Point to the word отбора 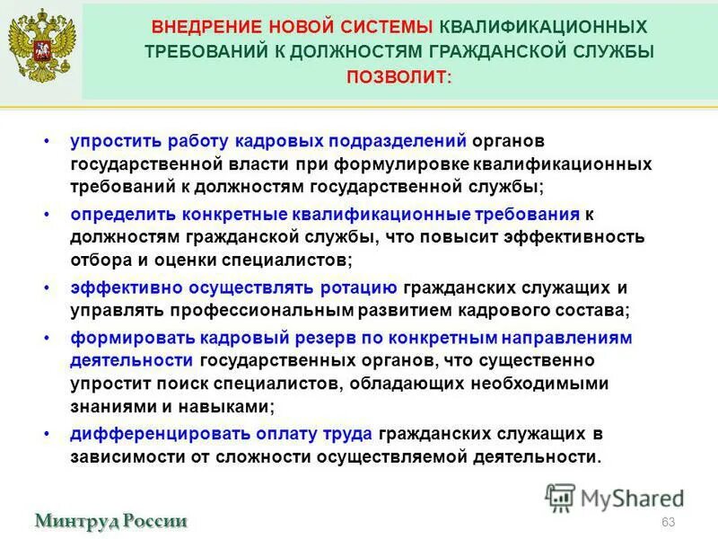click(97, 260)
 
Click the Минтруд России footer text click(111, 520)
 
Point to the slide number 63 click(667, 523)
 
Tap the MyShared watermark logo click(615, 497)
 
